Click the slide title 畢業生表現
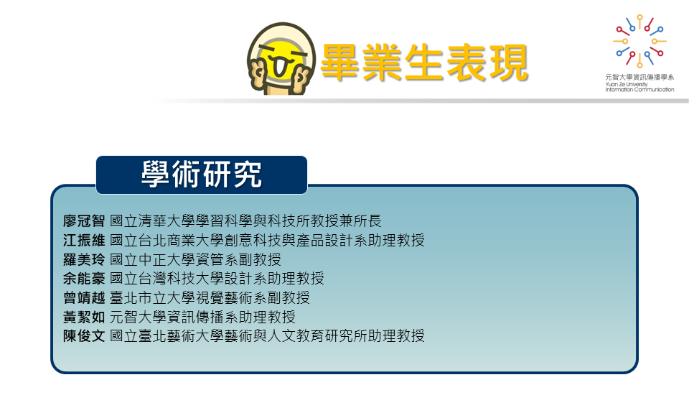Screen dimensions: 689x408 [424, 63]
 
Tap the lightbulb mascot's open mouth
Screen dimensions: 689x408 [281, 66]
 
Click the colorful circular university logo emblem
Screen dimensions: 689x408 [639, 41]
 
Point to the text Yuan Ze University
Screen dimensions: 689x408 [626, 84]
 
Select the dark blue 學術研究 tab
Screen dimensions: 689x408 [202, 175]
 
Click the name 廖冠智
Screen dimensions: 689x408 [84, 221]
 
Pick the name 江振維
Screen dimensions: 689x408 [84, 240]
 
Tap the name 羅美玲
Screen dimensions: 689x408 [84, 259]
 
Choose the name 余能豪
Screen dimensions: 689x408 [84, 278]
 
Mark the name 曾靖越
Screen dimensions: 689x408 [84, 297]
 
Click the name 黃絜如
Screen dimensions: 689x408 [84, 317]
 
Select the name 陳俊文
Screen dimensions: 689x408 [84, 336]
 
